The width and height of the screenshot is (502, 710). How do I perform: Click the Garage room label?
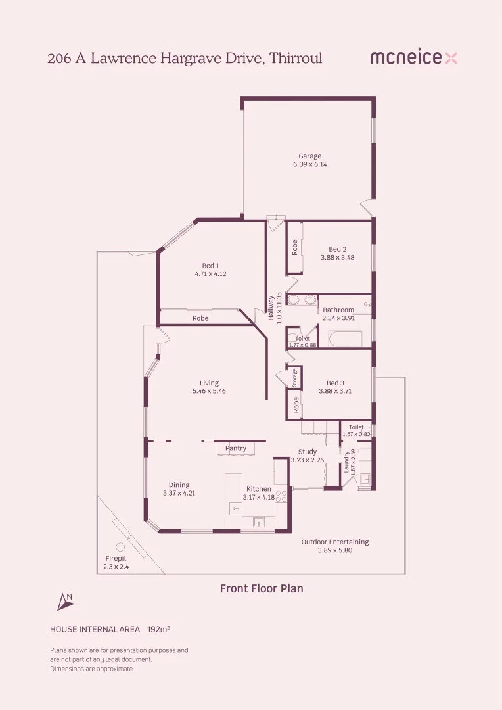point(309,156)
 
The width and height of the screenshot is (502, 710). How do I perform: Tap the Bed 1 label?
point(210,266)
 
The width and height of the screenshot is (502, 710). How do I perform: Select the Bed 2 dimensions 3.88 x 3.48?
point(337,257)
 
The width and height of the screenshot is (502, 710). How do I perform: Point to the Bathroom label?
point(338,310)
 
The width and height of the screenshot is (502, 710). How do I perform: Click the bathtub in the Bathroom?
point(345,339)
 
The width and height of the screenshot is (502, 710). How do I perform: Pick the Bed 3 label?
point(335,383)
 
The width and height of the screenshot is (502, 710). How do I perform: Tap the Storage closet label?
point(294,377)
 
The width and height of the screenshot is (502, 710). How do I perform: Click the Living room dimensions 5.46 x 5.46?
point(209,390)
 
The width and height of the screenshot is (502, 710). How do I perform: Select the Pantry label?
point(236,448)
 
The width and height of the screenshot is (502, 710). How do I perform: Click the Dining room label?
point(179,485)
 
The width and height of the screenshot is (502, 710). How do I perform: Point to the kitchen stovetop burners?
point(282,496)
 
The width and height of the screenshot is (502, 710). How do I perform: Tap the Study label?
point(308,452)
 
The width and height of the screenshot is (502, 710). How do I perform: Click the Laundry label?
point(347,462)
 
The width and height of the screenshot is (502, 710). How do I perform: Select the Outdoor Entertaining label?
point(335,542)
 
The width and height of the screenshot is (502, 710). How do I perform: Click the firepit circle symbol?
point(120,547)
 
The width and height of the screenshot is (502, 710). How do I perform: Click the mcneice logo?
point(414,57)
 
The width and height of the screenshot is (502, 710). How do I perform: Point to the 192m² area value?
point(158,629)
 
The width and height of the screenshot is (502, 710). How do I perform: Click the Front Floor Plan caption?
point(262,588)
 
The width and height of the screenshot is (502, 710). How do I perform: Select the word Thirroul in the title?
point(296,58)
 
